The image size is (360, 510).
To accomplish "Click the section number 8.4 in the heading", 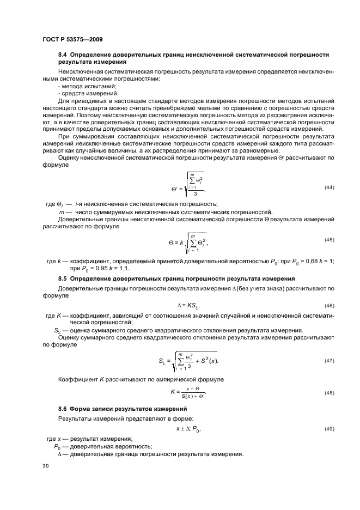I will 63,56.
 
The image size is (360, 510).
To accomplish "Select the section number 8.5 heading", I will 63,278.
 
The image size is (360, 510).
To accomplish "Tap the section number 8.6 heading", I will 63,408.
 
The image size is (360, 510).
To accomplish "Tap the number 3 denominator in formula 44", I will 194,193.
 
